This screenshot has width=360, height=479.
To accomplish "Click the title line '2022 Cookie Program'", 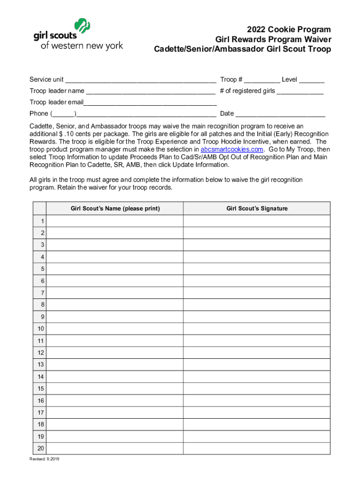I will [x=289, y=29].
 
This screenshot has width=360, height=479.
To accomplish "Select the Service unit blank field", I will [x=141, y=80].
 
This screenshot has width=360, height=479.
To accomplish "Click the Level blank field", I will [x=311, y=80].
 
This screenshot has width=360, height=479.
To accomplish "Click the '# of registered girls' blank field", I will [x=300, y=91].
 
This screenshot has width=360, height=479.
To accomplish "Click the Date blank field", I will [x=281, y=114].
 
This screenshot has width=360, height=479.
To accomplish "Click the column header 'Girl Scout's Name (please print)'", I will [x=115, y=209].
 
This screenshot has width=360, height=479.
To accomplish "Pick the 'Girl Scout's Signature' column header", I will [x=257, y=209].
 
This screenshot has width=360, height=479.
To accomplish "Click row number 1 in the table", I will [x=42, y=221].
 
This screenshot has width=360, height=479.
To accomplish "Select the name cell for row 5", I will [x=115, y=269].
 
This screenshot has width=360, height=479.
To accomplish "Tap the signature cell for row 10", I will [x=257, y=329].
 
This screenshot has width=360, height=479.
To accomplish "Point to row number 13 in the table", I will [x=41, y=364].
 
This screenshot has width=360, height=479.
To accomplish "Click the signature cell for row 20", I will [x=257, y=448].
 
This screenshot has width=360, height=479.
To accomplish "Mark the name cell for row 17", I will [x=115, y=413].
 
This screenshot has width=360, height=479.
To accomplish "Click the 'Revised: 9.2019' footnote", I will [x=44, y=459].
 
